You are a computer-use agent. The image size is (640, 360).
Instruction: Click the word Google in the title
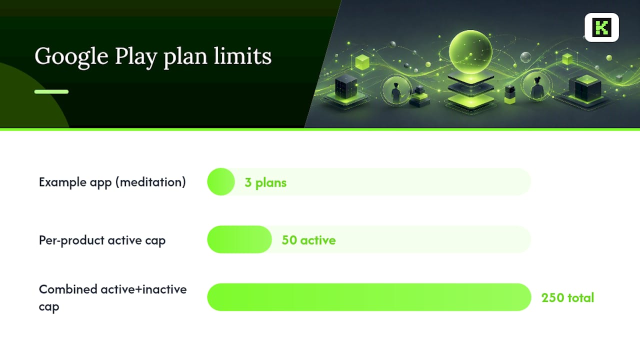coord(71,57)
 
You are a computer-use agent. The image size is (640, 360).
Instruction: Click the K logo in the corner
coord(601,27)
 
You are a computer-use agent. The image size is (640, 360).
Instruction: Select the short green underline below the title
coord(51,91)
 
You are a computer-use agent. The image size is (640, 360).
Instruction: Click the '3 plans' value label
coord(265,182)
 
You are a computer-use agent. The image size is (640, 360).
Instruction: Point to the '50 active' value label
coord(308,240)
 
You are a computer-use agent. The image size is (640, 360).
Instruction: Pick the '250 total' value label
coord(567,297)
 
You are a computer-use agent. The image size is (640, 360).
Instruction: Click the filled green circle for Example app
coord(221,181)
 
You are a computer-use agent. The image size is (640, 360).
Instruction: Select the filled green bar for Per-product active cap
coord(239,239)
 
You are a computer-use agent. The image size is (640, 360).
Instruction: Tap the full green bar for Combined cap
coord(369,297)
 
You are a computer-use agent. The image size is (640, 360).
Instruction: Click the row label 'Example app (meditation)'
coord(112,182)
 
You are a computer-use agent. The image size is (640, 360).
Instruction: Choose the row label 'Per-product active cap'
coord(102,240)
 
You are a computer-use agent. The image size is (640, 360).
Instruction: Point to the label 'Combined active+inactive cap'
coord(112,297)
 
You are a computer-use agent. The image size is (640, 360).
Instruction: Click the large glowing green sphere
coord(470,52)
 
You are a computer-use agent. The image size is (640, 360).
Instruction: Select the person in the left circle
coord(396,92)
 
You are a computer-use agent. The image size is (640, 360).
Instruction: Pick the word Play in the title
coord(136,57)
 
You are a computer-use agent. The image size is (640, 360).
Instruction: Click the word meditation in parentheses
coord(151,182)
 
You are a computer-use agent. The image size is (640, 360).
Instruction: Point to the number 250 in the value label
coord(552,297)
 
